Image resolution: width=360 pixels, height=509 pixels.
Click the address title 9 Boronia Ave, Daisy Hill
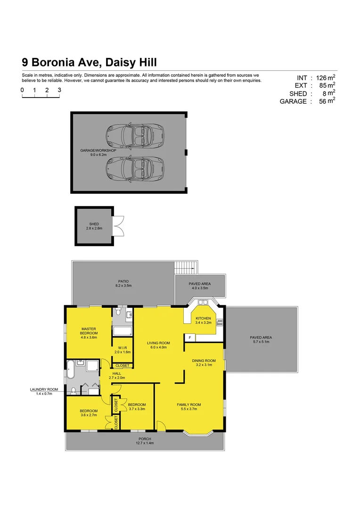point(89,62)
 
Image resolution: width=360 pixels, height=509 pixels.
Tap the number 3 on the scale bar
point(59,90)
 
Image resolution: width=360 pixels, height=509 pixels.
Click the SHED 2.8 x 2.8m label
point(94,226)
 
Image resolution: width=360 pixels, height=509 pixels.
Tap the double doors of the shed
point(118,226)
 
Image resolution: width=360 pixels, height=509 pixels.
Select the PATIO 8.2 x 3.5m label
point(123,283)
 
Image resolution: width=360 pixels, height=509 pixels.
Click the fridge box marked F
point(190,337)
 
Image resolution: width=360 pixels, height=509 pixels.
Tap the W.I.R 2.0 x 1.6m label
point(122,350)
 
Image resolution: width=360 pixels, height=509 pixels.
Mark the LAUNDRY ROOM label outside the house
point(44,391)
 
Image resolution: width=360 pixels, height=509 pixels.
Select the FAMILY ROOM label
point(189,407)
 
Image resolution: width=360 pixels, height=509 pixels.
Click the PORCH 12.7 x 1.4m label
point(145,441)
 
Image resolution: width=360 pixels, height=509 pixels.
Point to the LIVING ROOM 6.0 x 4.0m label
point(158,345)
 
